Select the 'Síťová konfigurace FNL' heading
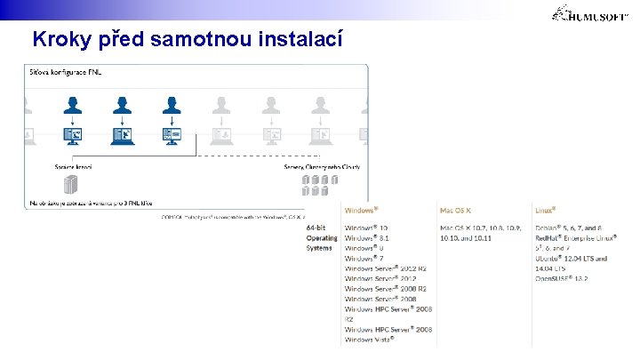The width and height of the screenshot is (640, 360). (x=64, y=72)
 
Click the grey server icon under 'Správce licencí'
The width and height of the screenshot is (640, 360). (x=71, y=185)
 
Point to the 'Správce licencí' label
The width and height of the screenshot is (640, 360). (x=73, y=166)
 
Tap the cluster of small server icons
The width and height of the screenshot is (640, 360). (x=320, y=185)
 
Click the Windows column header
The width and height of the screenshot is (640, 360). (x=362, y=211)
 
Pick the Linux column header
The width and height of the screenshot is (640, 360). (x=546, y=211)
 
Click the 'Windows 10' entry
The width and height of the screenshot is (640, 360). (x=366, y=228)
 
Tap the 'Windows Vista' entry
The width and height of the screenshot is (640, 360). (x=370, y=339)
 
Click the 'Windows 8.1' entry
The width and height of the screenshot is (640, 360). (x=366, y=238)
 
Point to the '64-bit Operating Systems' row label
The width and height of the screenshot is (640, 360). (x=322, y=238)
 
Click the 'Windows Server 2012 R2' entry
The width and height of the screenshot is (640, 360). (x=386, y=268)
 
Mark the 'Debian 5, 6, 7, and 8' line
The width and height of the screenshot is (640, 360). (x=569, y=228)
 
